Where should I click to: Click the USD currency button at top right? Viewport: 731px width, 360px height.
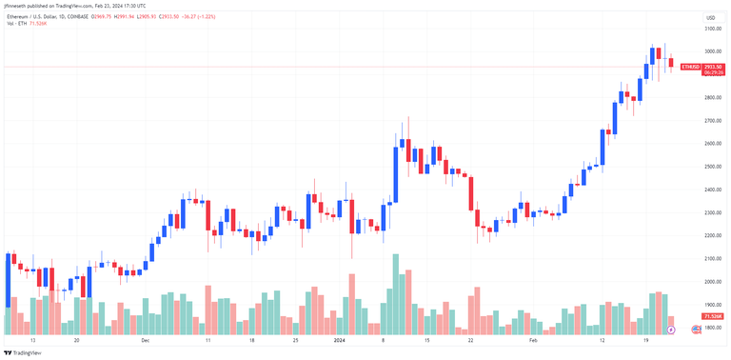pos(710,18)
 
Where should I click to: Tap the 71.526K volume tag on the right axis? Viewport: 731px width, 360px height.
pos(711,315)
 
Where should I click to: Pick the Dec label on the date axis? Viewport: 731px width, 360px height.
pos(146,340)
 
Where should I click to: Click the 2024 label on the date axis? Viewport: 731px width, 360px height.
pos(340,340)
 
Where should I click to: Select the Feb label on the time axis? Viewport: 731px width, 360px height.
pos(534,340)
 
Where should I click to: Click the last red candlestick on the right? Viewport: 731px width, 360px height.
pos(670,63)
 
